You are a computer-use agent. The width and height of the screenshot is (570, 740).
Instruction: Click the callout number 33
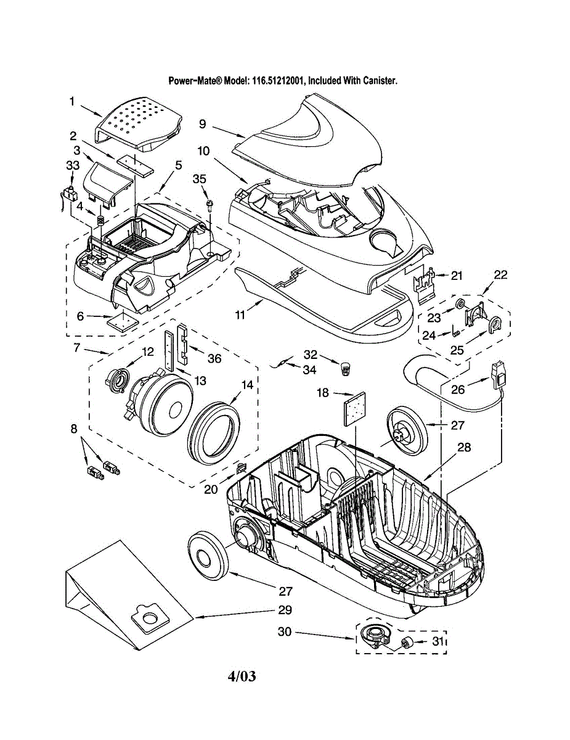(73, 166)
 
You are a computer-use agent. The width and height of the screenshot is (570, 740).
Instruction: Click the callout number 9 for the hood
(203, 123)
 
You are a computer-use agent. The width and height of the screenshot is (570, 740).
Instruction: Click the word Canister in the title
(381, 81)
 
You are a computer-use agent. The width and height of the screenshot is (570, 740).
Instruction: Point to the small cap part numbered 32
(346, 369)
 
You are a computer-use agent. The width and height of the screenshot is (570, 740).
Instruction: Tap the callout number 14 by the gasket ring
(247, 385)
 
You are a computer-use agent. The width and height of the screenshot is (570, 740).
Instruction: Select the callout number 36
(214, 358)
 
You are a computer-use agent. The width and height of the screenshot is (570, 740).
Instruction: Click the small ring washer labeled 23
(461, 302)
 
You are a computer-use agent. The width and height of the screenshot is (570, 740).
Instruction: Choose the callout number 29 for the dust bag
(285, 610)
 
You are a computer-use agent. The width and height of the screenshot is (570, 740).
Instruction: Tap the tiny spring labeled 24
(455, 331)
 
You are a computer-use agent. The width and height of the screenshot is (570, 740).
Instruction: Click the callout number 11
(240, 315)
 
